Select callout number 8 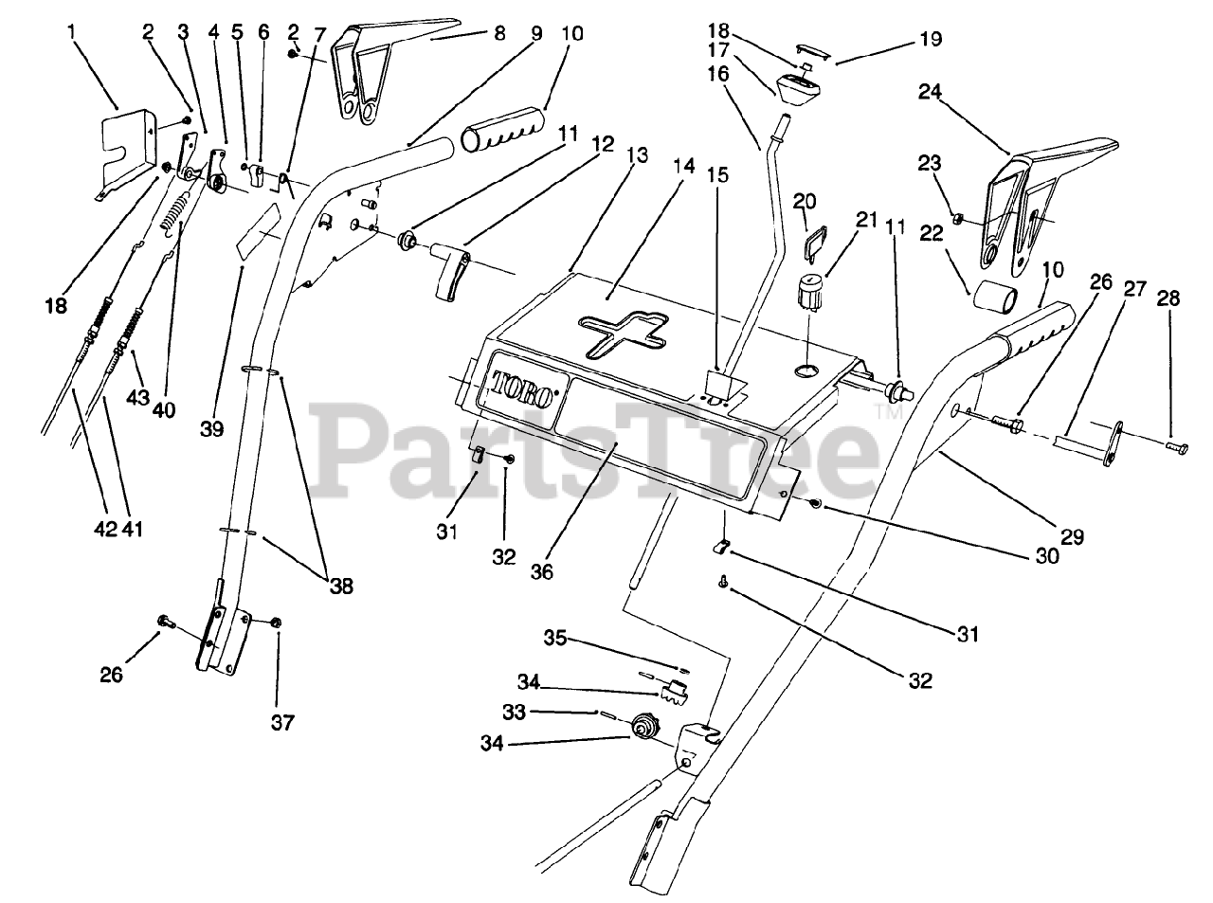point(500,30)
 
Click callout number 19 point(930,39)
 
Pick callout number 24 point(931,92)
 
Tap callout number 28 point(1169,298)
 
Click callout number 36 point(541,572)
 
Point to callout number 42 point(106,530)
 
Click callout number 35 point(554,640)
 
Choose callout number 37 point(281,722)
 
